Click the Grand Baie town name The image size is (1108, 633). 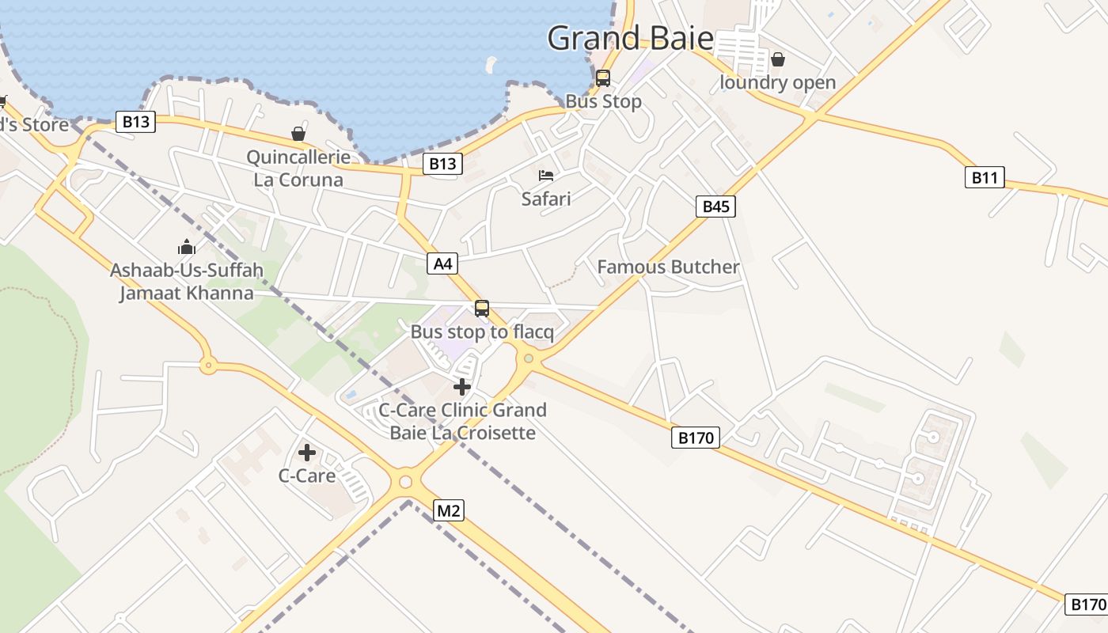pyautogui.click(x=630, y=38)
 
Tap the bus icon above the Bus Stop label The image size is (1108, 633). pyautogui.click(x=603, y=78)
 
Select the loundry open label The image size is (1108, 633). pyautogui.click(x=777, y=82)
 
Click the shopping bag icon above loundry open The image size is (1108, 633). pyautogui.click(x=778, y=59)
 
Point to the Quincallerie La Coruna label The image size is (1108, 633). pyautogui.click(x=298, y=169)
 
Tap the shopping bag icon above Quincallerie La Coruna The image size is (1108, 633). pyautogui.click(x=298, y=134)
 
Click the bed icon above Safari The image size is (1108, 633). pyautogui.click(x=546, y=175)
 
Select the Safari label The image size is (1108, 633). pyautogui.click(x=546, y=199)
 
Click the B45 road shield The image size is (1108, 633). pyautogui.click(x=715, y=207)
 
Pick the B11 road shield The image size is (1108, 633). pyautogui.click(x=985, y=177)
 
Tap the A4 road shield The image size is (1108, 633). pyautogui.click(x=442, y=263)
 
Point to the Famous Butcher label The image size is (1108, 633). pyautogui.click(x=668, y=267)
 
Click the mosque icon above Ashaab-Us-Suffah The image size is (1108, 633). pyautogui.click(x=187, y=247)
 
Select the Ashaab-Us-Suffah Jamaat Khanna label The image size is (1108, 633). pyautogui.click(x=187, y=282)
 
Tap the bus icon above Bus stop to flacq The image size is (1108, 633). pyautogui.click(x=482, y=309)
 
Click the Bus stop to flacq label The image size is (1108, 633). pyautogui.click(x=482, y=332)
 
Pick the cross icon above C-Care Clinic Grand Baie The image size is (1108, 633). pyautogui.click(x=462, y=387)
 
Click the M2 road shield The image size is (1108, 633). pyautogui.click(x=448, y=511)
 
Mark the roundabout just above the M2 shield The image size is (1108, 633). pyautogui.click(x=406, y=481)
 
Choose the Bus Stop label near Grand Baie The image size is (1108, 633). pyautogui.click(x=603, y=101)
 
